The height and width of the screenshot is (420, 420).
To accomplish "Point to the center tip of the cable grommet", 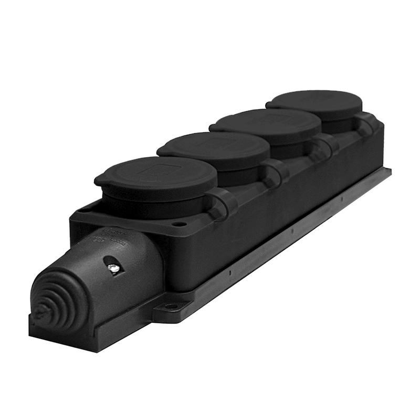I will click(41, 310).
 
